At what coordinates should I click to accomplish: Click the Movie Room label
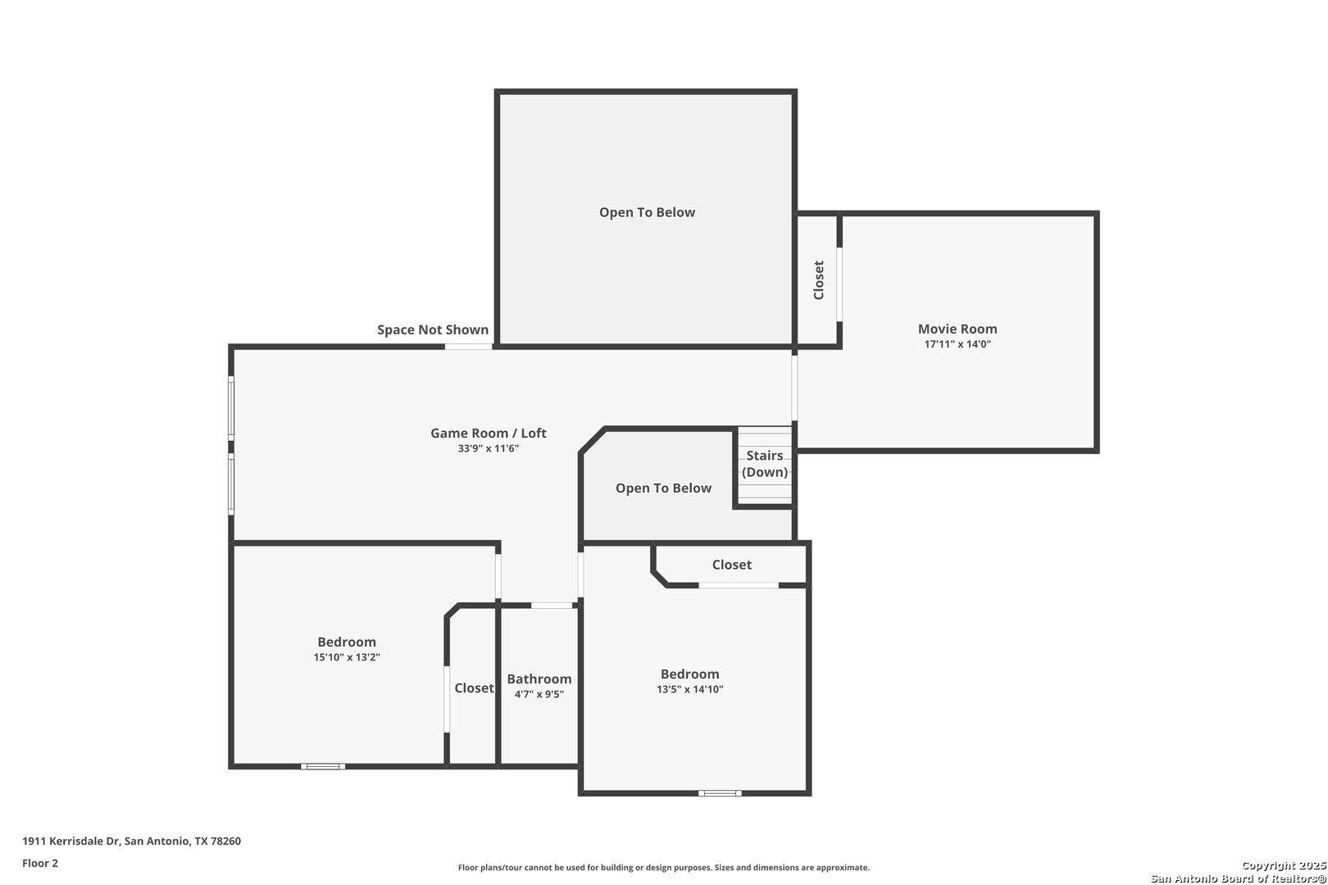click(957, 329)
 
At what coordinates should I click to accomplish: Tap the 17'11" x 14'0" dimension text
click(957, 344)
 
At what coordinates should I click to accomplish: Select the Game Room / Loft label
click(489, 433)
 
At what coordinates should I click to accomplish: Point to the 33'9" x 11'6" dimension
click(488, 449)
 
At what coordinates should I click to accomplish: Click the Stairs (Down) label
click(765, 464)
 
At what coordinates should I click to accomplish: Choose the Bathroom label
click(539, 678)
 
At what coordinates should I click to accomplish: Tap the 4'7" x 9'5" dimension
click(539, 694)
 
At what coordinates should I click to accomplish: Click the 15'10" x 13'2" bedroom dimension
click(347, 657)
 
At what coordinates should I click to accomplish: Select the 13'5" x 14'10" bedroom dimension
click(690, 689)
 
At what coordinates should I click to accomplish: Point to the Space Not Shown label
click(433, 329)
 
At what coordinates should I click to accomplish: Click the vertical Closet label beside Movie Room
click(819, 279)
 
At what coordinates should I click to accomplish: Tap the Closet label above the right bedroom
click(731, 565)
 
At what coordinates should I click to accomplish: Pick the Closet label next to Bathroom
click(474, 688)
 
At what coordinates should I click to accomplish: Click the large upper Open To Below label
click(647, 212)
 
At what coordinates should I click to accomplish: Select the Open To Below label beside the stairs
click(663, 488)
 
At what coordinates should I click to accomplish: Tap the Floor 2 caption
click(40, 863)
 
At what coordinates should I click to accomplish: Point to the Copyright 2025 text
click(1283, 865)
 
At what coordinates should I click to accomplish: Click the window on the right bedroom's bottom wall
click(719, 793)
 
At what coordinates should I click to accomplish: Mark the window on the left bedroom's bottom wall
click(322, 766)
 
